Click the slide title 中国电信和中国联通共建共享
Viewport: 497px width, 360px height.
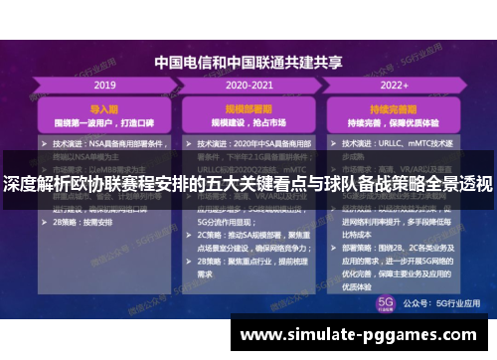coord(248,62)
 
